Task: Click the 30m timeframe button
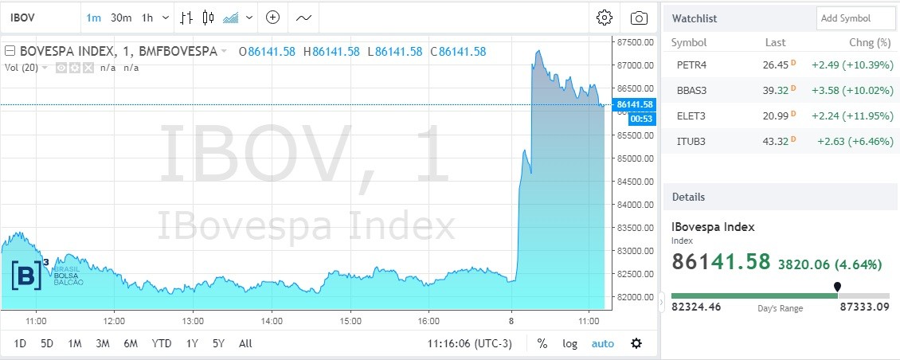pos(121,18)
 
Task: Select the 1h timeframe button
pos(147,18)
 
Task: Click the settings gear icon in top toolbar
pos(605,18)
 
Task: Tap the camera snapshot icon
pos(639,18)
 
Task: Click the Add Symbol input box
pos(855,18)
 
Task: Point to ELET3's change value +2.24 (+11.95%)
pos(851,116)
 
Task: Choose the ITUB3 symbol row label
pos(691,142)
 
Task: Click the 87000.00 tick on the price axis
pos(636,65)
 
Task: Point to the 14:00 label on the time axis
pos(272,321)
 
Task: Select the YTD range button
pos(162,344)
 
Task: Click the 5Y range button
pos(217,344)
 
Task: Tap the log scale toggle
pos(569,344)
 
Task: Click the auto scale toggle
pos(602,344)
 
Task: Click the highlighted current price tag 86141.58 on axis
pos(635,104)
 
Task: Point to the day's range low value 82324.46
pos(696,307)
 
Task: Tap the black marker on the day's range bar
pos(837,287)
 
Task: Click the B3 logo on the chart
pos(30,273)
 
